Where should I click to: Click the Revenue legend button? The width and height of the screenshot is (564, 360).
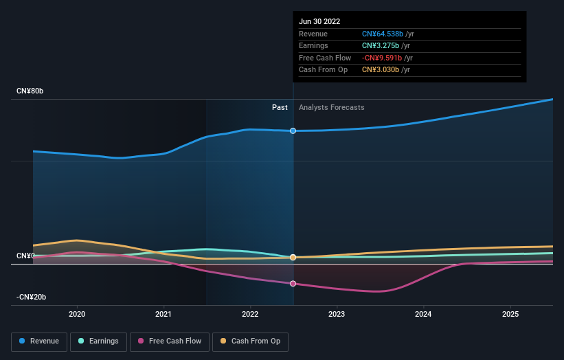pyautogui.click(x=39, y=341)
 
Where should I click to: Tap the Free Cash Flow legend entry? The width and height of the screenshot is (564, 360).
pyautogui.click(x=169, y=341)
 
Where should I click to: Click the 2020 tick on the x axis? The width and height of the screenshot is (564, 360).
pyautogui.click(x=77, y=314)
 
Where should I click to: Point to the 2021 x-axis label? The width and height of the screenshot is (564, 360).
pyautogui.click(x=163, y=314)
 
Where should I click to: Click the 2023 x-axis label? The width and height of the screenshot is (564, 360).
pyautogui.click(x=337, y=314)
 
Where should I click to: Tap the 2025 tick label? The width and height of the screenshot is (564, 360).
pyautogui.click(x=510, y=314)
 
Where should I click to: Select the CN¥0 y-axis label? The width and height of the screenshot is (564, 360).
pyautogui.click(x=25, y=256)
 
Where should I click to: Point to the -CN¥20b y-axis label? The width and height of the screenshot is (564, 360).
pyautogui.click(x=32, y=297)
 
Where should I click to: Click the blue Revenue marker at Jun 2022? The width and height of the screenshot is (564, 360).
pyautogui.click(x=293, y=131)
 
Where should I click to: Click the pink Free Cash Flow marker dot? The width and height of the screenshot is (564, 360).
pyautogui.click(x=293, y=283)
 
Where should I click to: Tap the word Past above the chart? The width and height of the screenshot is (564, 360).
pyautogui.click(x=280, y=107)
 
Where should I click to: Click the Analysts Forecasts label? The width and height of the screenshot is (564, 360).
pyautogui.click(x=331, y=107)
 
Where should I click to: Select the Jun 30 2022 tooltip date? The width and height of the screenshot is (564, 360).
pyautogui.click(x=319, y=21)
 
